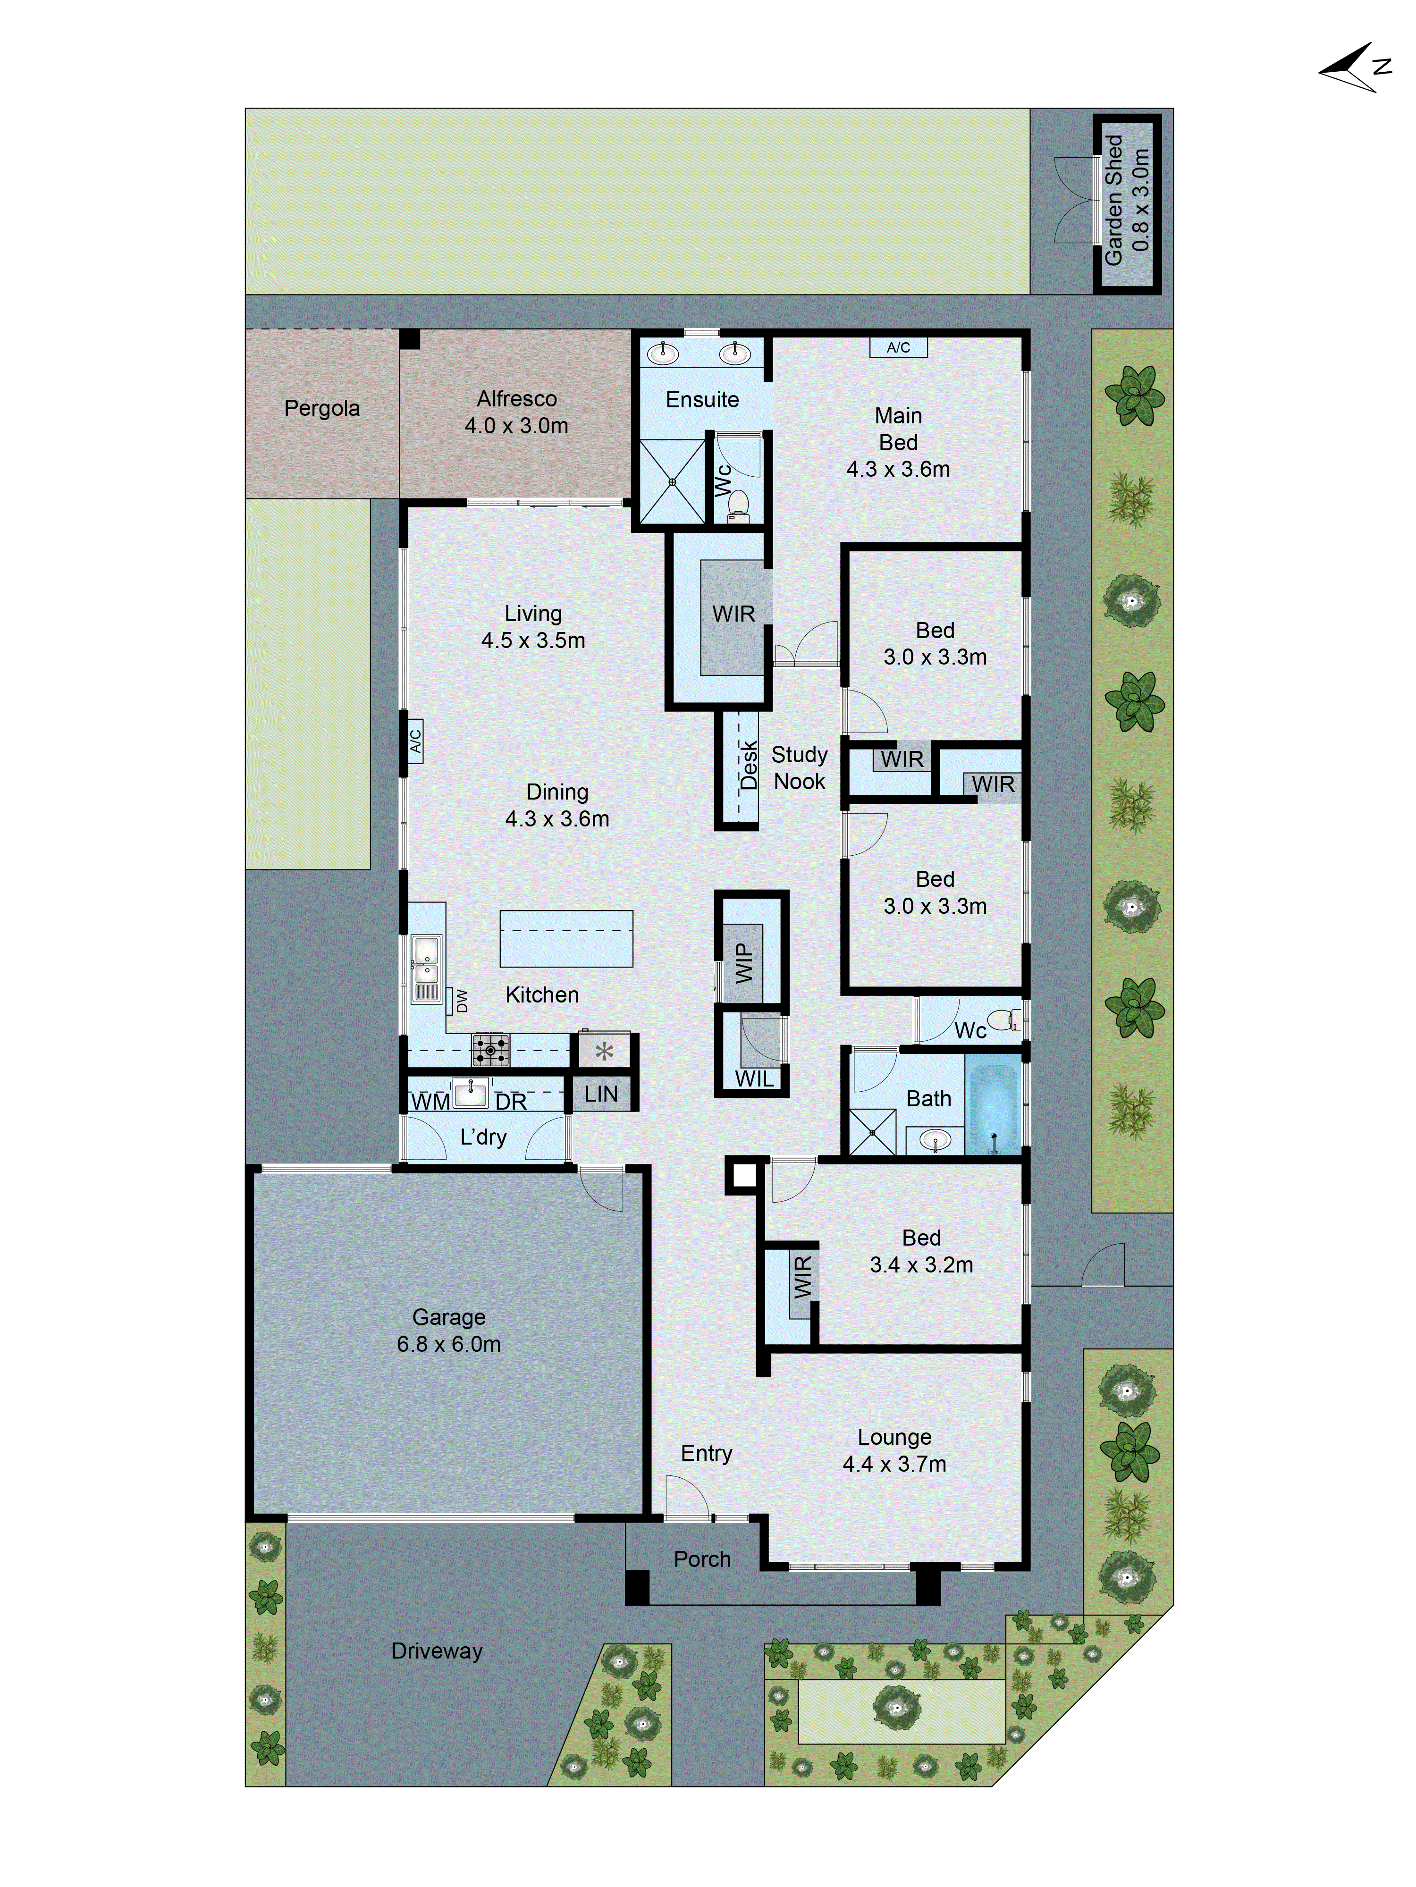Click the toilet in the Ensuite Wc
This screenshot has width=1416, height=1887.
coord(738,505)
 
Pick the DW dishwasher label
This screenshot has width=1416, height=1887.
coord(462,1000)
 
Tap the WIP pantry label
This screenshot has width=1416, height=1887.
coord(744,962)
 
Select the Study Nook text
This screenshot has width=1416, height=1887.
coord(799,768)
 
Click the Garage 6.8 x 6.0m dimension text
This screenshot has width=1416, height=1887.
coord(449,1344)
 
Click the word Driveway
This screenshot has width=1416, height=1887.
coord(437,1651)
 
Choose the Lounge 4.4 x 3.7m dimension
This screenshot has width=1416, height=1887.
coord(894,1464)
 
